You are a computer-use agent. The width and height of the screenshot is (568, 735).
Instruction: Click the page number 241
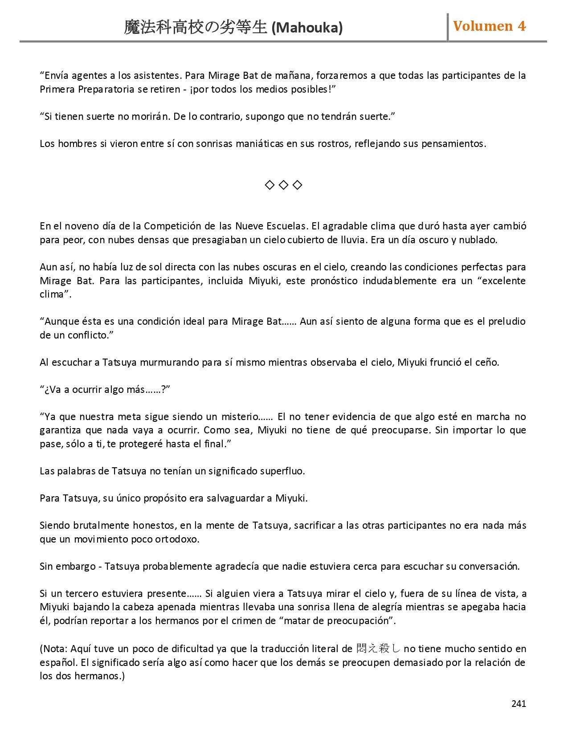click(519, 703)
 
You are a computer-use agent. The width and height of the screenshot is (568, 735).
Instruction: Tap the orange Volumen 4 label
click(489, 26)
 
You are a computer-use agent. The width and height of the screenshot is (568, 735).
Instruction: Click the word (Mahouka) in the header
click(307, 28)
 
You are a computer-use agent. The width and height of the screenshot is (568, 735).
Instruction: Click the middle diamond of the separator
click(283, 185)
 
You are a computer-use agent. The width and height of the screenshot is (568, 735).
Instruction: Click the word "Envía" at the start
click(54, 75)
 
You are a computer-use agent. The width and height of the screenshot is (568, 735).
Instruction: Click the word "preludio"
click(507, 321)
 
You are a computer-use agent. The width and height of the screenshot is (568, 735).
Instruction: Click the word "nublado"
click(478, 240)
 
